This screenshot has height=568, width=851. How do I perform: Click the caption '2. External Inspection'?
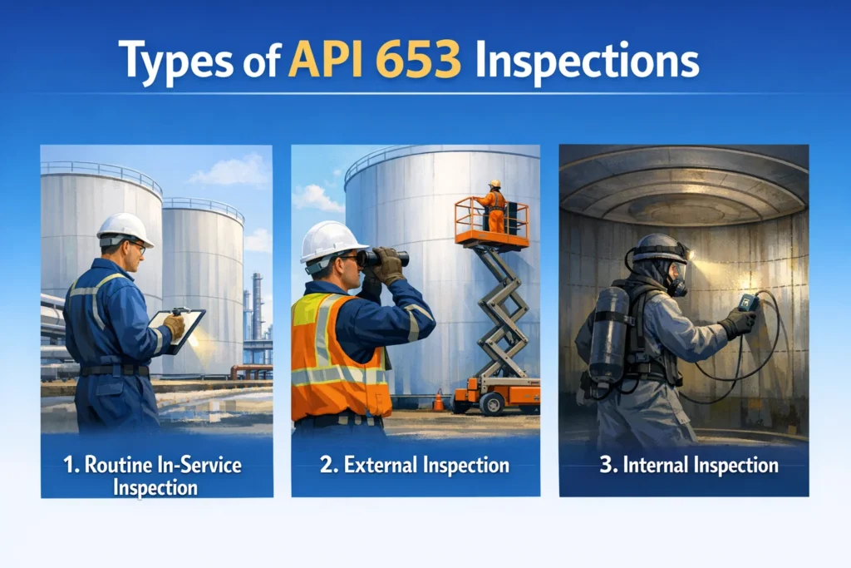point(415,465)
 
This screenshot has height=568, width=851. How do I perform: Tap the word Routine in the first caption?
point(133,463)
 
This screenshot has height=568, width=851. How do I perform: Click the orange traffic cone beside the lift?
point(438,401)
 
